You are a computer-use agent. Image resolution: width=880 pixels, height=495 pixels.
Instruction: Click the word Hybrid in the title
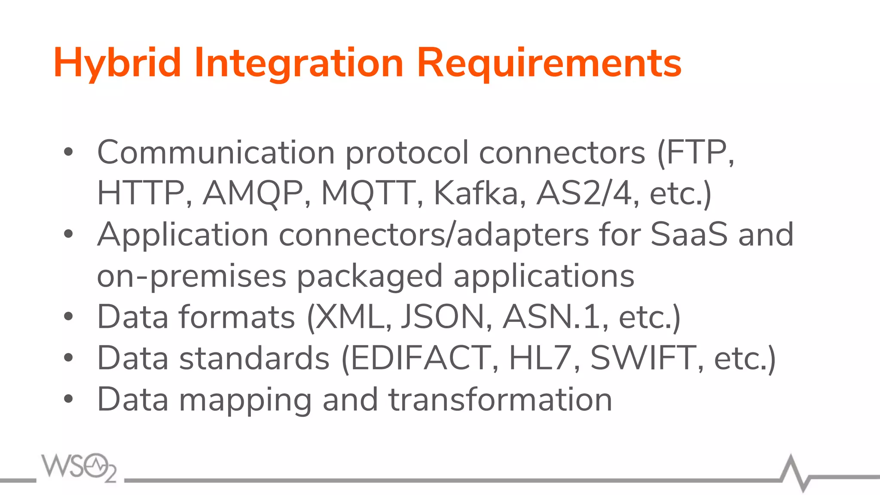117,64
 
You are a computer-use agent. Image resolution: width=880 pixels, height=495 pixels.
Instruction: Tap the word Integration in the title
299,64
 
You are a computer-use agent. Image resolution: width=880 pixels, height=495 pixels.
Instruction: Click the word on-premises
191,276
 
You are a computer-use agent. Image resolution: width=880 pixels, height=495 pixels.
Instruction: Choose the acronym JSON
443,317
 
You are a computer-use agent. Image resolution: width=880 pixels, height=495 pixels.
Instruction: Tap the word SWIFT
643,358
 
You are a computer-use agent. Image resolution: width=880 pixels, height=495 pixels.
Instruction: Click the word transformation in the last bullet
500,400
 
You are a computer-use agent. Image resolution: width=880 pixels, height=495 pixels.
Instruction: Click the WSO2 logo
79,467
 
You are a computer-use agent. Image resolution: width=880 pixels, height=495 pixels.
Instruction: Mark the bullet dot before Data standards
68,358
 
